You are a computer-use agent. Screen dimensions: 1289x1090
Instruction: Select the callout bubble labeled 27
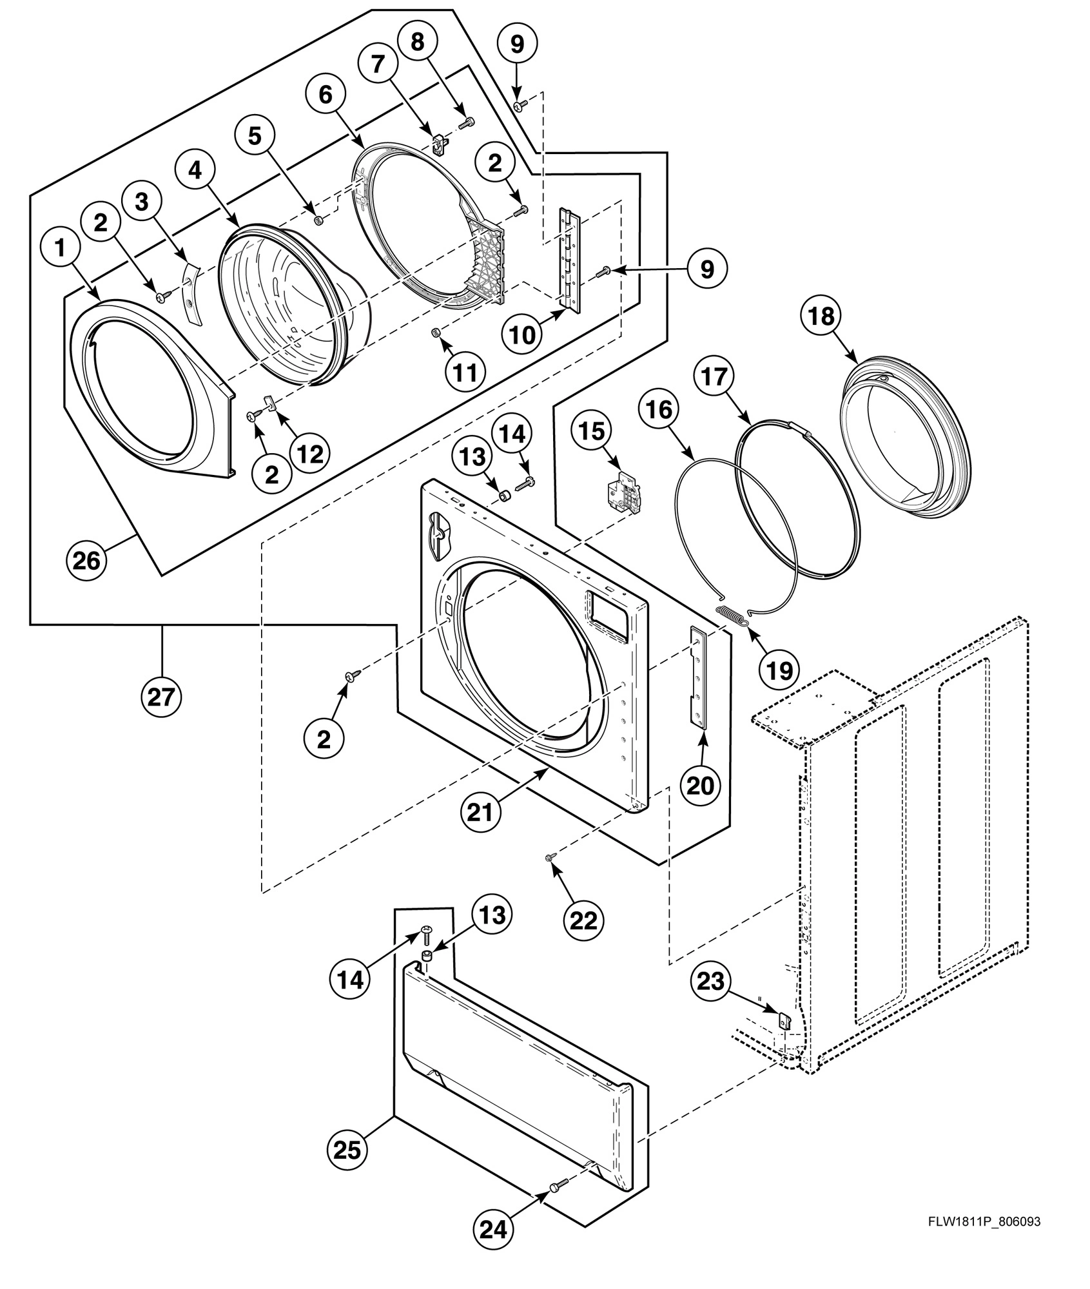click(161, 697)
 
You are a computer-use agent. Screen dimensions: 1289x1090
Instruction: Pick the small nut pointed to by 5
click(318, 220)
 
